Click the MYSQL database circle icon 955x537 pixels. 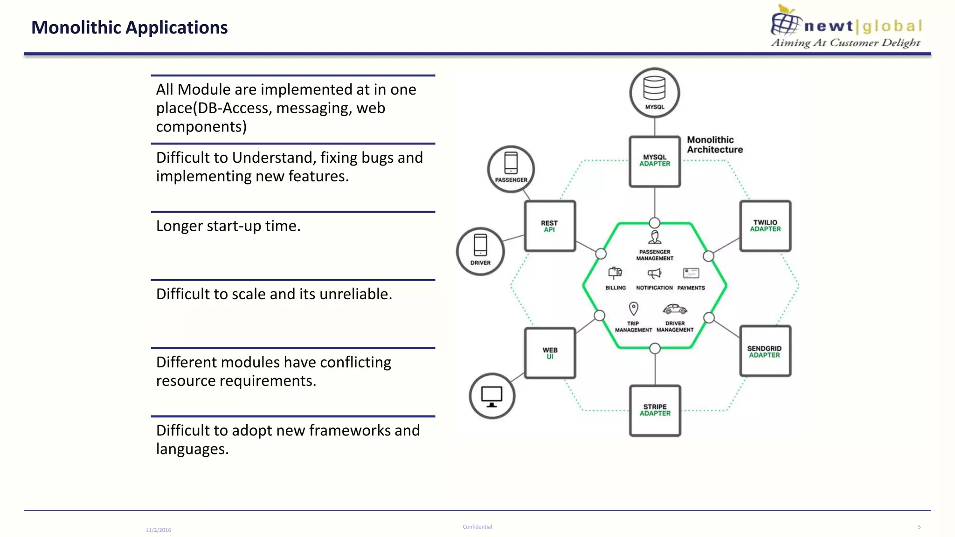(x=654, y=93)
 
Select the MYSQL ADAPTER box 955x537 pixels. (x=655, y=161)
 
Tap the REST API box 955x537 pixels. (x=550, y=226)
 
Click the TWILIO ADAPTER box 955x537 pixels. (x=765, y=226)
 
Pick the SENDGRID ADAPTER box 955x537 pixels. (x=765, y=351)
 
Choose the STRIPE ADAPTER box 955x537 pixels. (x=655, y=410)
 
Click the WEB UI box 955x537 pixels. (x=550, y=353)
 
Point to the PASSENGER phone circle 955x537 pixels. (x=511, y=169)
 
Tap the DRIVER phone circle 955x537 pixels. (x=480, y=251)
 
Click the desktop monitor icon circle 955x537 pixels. (x=492, y=396)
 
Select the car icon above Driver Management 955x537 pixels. (x=675, y=309)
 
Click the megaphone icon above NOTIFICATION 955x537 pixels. (x=654, y=273)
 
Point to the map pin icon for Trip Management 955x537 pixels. (x=633, y=309)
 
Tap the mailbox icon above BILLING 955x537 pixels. (x=615, y=273)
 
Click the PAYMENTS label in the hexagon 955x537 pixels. (x=691, y=288)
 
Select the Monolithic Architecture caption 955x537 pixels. (x=714, y=145)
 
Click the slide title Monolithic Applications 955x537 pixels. (x=129, y=28)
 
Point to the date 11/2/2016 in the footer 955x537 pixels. (x=158, y=530)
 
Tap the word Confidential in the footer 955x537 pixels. (x=477, y=527)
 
